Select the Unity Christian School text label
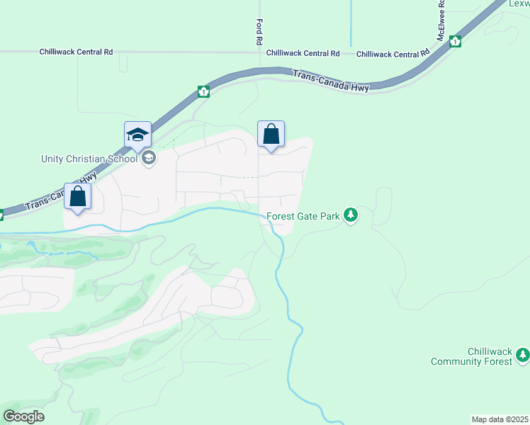click(89, 159)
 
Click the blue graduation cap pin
click(137, 134)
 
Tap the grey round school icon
click(149, 158)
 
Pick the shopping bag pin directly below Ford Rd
click(271, 134)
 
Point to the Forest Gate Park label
click(303, 216)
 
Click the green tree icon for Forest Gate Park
click(350, 215)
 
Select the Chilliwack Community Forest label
click(470, 356)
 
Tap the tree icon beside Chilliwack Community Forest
click(523, 354)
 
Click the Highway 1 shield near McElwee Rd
click(455, 41)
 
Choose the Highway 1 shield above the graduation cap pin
click(204, 91)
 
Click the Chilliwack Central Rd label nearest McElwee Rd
click(393, 54)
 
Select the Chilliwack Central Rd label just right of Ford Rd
click(303, 53)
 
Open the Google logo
click(24, 416)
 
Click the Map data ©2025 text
click(499, 419)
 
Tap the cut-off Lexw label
click(519, 4)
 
